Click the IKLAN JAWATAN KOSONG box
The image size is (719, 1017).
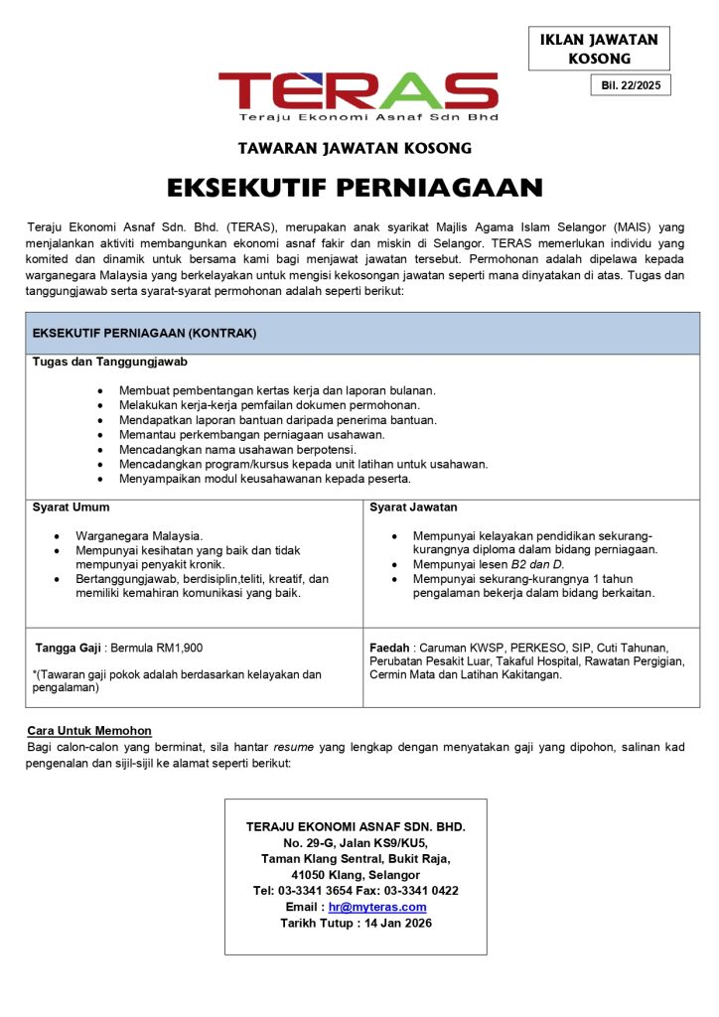(x=599, y=49)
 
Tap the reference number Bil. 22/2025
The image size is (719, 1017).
(x=630, y=85)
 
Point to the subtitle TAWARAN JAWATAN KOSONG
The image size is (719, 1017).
(x=355, y=148)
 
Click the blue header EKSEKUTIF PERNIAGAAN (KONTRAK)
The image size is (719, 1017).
(x=145, y=334)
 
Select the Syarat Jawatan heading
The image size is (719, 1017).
(x=413, y=508)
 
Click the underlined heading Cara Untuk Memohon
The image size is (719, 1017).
(x=89, y=731)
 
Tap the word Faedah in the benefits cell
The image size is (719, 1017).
(x=390, y=648)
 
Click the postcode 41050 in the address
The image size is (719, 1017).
(x=311, y=875)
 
